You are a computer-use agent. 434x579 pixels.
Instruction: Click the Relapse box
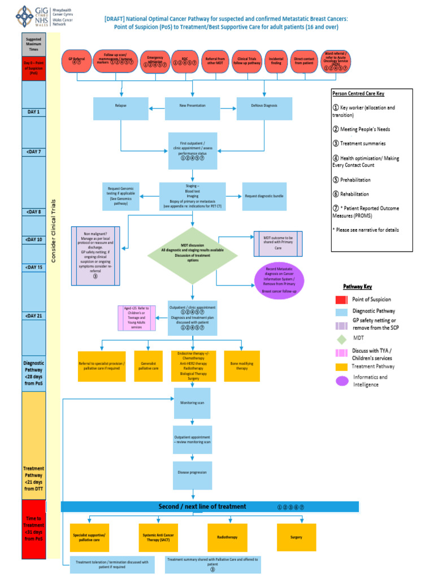point(121,106)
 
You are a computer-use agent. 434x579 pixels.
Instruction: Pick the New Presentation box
point(192,106)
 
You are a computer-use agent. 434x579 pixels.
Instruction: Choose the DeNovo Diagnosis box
point(264,106)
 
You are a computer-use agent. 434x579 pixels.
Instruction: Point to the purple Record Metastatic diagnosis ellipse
point(279,280)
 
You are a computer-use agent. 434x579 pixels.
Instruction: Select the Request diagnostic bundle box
point(264,196)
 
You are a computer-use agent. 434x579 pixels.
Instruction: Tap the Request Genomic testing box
point(119,196)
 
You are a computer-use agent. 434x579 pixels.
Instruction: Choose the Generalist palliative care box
point(149,365)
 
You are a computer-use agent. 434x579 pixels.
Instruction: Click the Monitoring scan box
point(192,403)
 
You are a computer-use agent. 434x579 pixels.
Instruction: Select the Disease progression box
point(192,472)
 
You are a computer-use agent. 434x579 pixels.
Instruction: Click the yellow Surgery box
point(296,537)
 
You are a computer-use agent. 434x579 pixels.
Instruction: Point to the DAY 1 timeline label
point(33,112)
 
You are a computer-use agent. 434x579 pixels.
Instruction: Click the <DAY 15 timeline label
point(33,267)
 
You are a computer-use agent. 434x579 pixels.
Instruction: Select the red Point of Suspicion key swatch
point(340,300)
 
